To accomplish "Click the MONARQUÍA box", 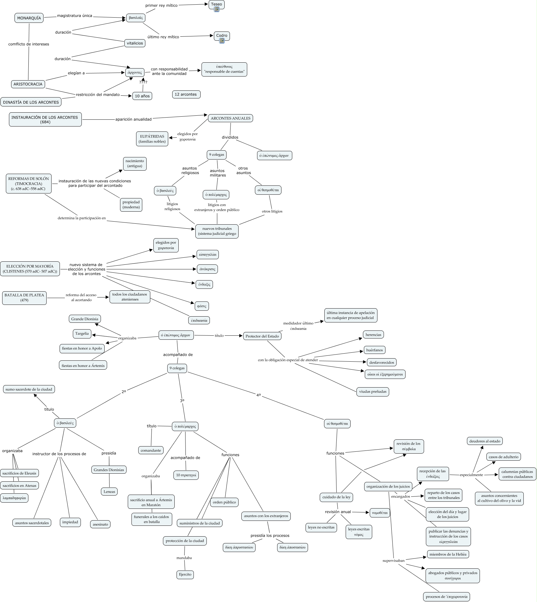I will (29, 18).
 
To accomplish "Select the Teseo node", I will (216, 4).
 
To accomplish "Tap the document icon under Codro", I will (222, 41).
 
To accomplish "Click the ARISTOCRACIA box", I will (28, 84).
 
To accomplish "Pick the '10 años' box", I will (142, 96).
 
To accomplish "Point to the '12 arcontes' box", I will (186, 94).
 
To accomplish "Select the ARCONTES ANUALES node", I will (230, 118).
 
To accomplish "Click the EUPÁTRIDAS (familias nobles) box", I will (152, 139).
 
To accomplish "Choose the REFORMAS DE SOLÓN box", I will (28, 184).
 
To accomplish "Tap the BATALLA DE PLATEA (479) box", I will (24, 297).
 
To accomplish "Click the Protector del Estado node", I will (262, 336).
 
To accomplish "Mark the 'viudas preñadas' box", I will (373, 392).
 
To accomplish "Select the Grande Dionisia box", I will (85, 319).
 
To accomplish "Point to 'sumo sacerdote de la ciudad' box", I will (29, 389).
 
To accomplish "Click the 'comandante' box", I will (151, 450).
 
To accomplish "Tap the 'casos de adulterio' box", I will (503, 457).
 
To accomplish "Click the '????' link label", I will (143, 82).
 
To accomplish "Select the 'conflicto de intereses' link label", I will (29, 44).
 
